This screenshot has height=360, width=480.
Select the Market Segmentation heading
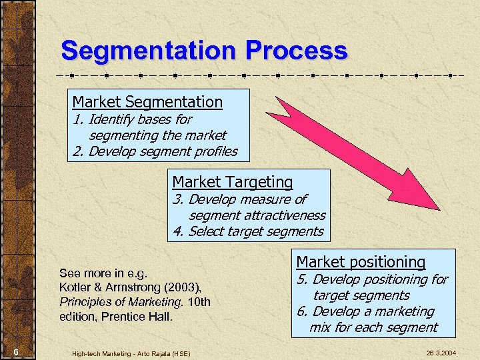[147, 102]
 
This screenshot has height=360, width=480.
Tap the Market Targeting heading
[233, 182]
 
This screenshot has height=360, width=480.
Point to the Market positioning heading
[361, 262]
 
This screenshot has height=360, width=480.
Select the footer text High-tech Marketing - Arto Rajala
[131, 353]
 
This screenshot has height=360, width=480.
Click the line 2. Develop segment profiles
[155, 151]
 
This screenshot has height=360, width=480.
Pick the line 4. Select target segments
[247, 231]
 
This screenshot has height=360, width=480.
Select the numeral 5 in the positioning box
[301, 279]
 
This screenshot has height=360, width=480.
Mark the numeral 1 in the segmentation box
[76, 119]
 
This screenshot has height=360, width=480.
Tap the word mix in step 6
[320, 327]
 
